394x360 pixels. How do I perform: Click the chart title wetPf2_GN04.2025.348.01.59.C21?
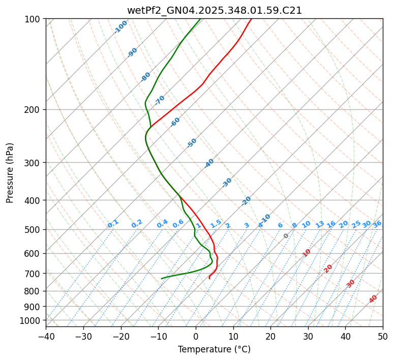coord(214,10)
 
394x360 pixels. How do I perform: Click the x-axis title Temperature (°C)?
coord(214,350)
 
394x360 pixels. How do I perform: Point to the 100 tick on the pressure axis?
coord(33,19)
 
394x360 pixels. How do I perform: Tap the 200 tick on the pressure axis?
coord(33,109)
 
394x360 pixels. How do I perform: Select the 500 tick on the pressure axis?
coord(33,229)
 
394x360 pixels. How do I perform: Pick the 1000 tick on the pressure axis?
coord(31,320)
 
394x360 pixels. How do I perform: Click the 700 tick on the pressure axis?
coord(33,274)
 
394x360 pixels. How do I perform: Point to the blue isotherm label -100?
coord(120,27)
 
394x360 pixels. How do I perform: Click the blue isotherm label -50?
coord(192,143)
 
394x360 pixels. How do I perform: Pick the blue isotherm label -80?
coord(146,77)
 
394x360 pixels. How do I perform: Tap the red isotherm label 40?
coord(373,299)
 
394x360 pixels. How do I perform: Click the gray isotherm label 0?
coord(286,236)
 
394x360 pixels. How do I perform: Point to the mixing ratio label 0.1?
coord(113,224)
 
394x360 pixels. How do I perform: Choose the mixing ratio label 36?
coord(377,224)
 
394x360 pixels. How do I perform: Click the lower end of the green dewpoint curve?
coord(162,278)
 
